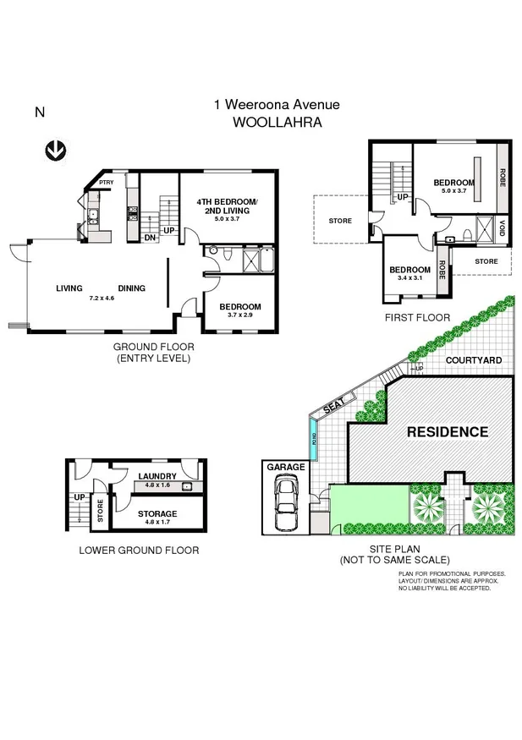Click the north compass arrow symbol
[x=57, y=151]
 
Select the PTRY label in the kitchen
[x=106, y=183]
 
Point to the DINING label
[x=131, y=288]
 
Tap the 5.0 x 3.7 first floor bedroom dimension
[x=453, y=191]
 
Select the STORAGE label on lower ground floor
[x=153, y=513]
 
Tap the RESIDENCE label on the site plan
[x=448, y=431]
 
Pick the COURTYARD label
[x=474, y=360]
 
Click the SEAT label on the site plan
[x=328, y=408]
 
